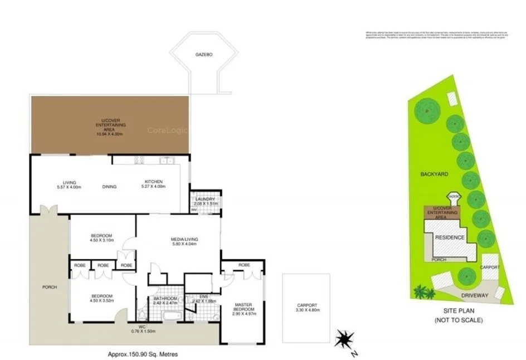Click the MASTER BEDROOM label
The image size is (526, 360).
point(243,307)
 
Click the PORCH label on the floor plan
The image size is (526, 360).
point(50,287)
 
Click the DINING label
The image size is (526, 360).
point(109,187)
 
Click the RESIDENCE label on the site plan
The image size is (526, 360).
point(449,237)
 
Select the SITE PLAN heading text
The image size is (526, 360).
point(458,312)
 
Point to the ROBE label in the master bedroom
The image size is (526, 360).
point(243,265)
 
